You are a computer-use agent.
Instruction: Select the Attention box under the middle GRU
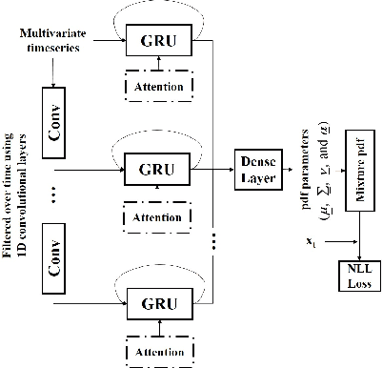coord(160,217)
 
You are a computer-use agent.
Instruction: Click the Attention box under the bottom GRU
coord(160,351)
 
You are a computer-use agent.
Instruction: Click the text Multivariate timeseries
coord(55,41)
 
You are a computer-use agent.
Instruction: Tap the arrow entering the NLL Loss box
coord(354,250)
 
